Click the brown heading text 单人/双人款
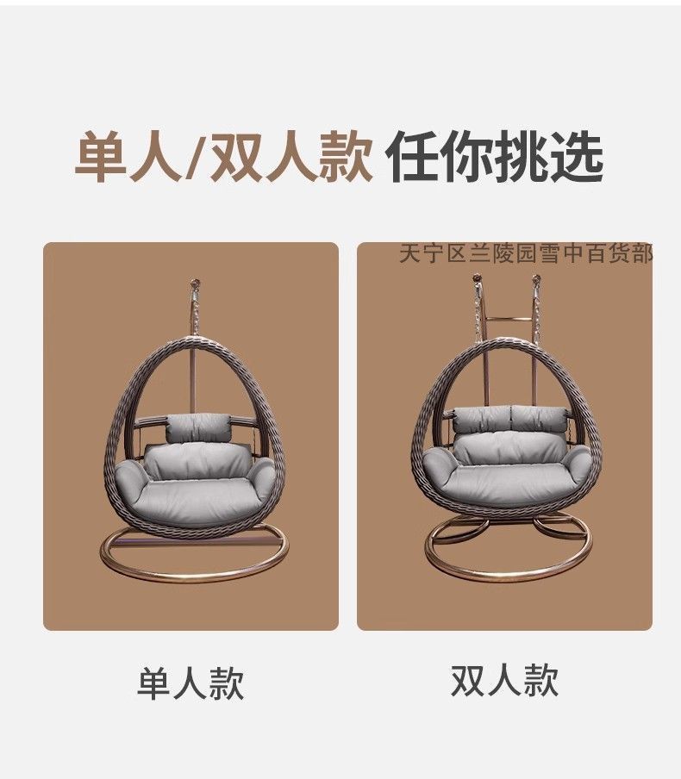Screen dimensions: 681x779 223,156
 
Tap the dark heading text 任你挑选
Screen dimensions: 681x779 495,156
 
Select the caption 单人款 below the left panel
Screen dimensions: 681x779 191,683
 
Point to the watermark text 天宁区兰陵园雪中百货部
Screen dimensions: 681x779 526,253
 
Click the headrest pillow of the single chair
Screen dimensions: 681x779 199,427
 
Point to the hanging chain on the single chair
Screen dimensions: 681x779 196,313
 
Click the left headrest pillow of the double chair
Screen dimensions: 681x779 481,419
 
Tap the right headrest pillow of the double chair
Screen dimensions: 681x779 540,418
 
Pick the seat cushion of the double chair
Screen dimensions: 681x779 507,479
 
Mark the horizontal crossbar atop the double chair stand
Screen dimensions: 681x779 509,320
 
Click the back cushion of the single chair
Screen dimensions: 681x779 197,461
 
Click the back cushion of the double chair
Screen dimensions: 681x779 508,449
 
